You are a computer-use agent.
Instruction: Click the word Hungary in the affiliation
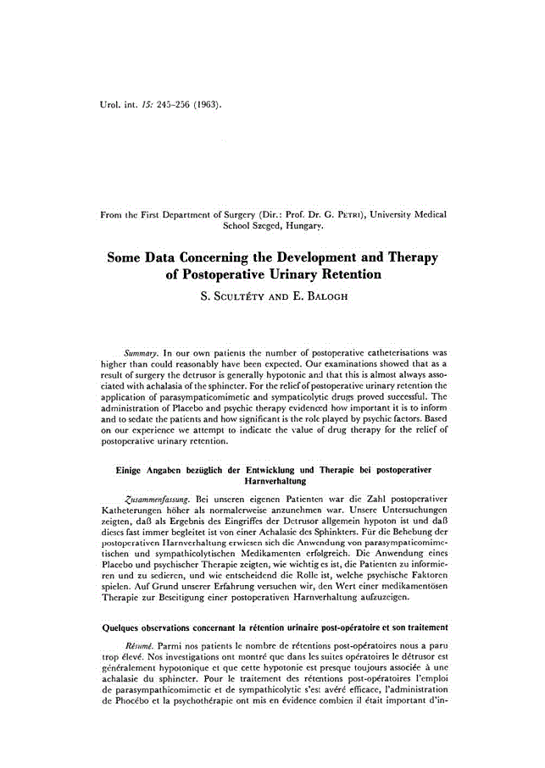pos(301,226)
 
